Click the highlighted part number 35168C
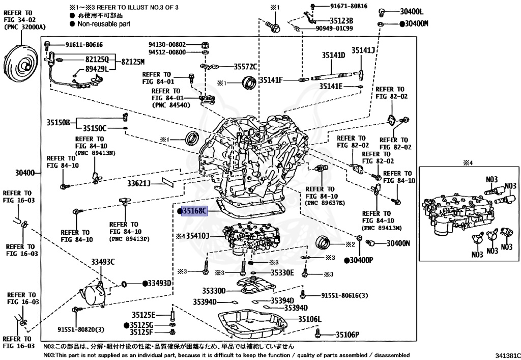(195, 211)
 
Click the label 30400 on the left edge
(25, 173)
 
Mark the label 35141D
(333, 55)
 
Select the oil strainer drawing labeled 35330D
(257, 288)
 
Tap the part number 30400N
(398, 243)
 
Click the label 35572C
(246, 67)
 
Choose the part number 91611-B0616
(77, 44)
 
